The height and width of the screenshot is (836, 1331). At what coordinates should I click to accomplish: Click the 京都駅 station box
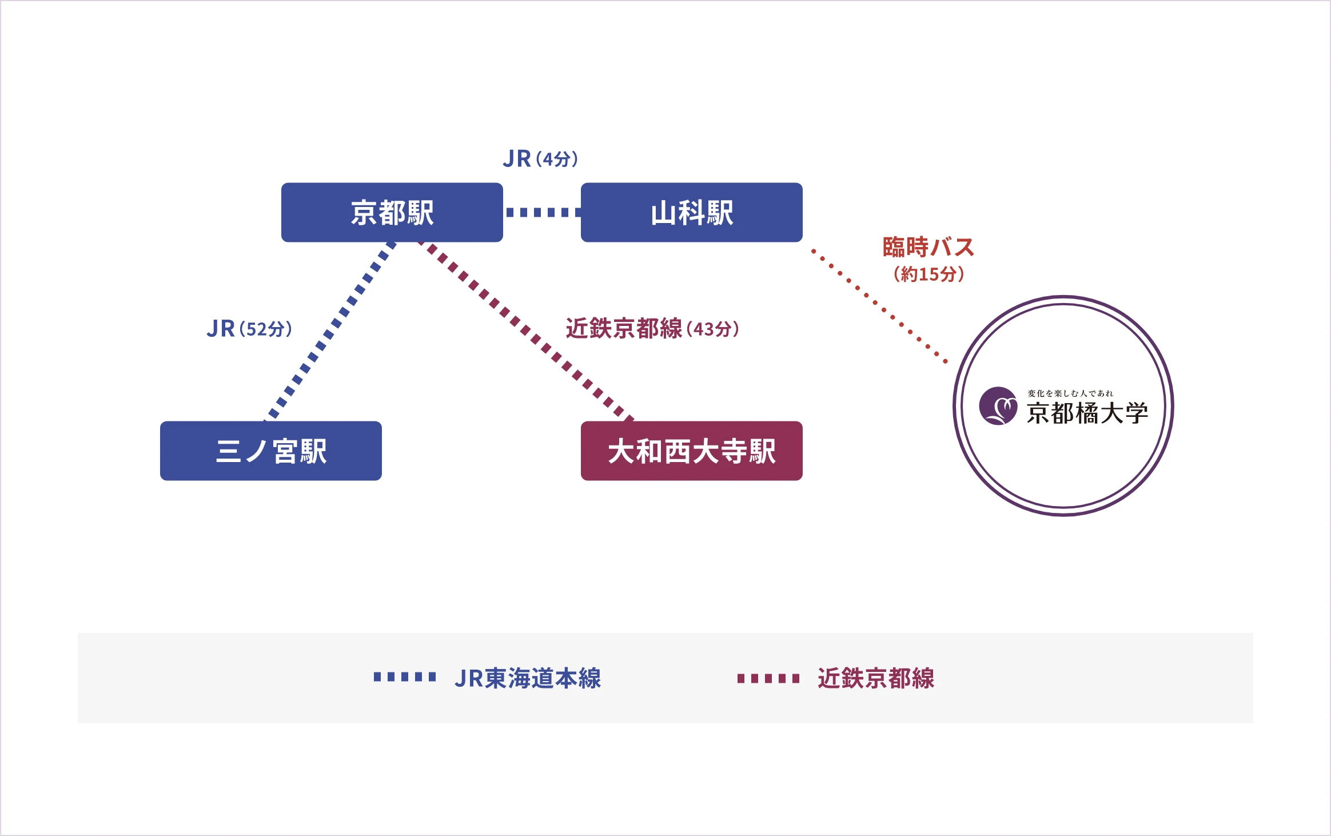(x=392, y=213)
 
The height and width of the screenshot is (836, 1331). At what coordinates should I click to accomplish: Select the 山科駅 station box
(x=692, y=213)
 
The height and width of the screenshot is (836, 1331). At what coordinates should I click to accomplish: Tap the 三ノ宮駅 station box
(x=271, y=451)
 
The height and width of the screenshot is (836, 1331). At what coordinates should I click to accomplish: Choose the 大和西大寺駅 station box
(x=692, y=451)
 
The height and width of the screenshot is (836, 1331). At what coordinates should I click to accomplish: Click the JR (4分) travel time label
(x=541, y=159)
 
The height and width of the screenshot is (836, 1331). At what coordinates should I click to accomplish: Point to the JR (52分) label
(x=250, y=329)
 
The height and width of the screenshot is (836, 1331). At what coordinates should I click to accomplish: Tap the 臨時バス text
(x=928, y=247)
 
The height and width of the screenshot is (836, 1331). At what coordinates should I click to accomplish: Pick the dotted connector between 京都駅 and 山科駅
(x=542, y=213)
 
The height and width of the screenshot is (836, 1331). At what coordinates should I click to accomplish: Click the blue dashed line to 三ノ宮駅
(x=330, y=332)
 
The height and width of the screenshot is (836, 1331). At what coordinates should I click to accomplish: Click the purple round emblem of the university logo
(x=998, y=406)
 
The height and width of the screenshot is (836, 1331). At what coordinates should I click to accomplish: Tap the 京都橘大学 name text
(x=1087, y=413)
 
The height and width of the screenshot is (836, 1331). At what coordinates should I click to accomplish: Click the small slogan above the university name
(x=1070, y=393)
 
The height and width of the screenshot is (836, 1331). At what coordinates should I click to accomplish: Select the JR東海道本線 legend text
(x=528, y=678)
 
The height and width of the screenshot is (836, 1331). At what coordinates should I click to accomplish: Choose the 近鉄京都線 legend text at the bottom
(x=876, y=678)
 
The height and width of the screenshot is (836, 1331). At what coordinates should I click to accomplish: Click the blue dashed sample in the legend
(x=405, y=677)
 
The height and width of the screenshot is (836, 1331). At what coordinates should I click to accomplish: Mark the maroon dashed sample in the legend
(x=768, y=679)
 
